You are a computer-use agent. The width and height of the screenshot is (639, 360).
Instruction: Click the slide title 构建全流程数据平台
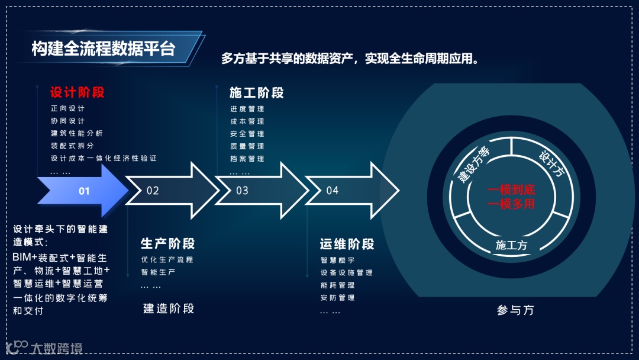[x=104, y=49]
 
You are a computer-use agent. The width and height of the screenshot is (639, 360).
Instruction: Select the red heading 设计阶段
[x=77, y=92]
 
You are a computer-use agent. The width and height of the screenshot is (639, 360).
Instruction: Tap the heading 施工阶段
[x=256, y=92]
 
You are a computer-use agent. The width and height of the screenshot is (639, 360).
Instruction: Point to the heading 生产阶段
[x=167, y=243]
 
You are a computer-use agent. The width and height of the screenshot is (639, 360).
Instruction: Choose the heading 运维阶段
[x=347, y=244]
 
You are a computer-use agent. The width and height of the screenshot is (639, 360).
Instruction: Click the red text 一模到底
[x=511, y=190]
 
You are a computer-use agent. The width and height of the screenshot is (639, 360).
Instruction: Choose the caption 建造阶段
[x=169, y=308]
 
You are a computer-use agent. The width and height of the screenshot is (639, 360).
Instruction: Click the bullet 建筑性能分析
[x=77, y=133]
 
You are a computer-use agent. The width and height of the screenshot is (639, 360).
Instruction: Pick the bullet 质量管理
[x=247, y=146]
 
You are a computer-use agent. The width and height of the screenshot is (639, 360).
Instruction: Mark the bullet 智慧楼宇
[x=338, y=261]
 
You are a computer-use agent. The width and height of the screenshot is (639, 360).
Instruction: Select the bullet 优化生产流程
[x=167, y=259]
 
